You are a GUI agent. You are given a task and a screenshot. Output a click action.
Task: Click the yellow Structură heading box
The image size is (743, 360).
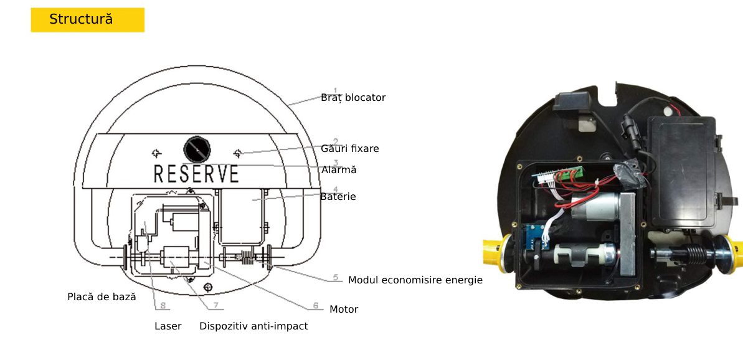[x=88, y=20]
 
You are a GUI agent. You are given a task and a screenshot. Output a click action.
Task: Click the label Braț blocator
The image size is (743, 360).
[x=353, y=98]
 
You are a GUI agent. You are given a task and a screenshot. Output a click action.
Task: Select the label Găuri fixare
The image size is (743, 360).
[x=350, y=149]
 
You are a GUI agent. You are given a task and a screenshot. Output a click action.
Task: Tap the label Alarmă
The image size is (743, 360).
[x=339, y=169]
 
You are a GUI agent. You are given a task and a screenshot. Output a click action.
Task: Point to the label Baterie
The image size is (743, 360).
[x=338, y=197]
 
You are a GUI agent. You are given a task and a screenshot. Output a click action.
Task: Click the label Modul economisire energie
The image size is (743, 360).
[x=415, y=280]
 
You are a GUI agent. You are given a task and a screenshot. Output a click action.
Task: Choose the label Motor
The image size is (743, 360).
[x=344, y=310]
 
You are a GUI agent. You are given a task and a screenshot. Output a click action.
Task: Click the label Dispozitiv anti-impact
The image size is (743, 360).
[x=253, y=326]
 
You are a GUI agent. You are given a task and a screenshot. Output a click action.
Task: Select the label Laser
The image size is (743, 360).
[x=168, y=326]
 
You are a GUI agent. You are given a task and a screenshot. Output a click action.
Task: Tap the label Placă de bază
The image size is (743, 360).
[x=102, y=297]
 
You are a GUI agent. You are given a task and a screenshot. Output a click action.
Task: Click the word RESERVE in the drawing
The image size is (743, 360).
[x=196, y=174]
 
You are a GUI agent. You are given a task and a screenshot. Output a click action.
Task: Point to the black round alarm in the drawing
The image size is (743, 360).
[x=197, y=149]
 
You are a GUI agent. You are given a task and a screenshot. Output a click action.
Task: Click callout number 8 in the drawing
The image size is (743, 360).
[x=163, y=306]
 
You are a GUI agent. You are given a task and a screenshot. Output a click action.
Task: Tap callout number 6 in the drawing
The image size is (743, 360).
[x=316, y=306]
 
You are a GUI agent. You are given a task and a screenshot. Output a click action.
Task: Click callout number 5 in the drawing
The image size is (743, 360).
[x=336, y=277]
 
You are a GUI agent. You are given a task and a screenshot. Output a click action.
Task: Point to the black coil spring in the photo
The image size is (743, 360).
[x=693, y=254]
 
